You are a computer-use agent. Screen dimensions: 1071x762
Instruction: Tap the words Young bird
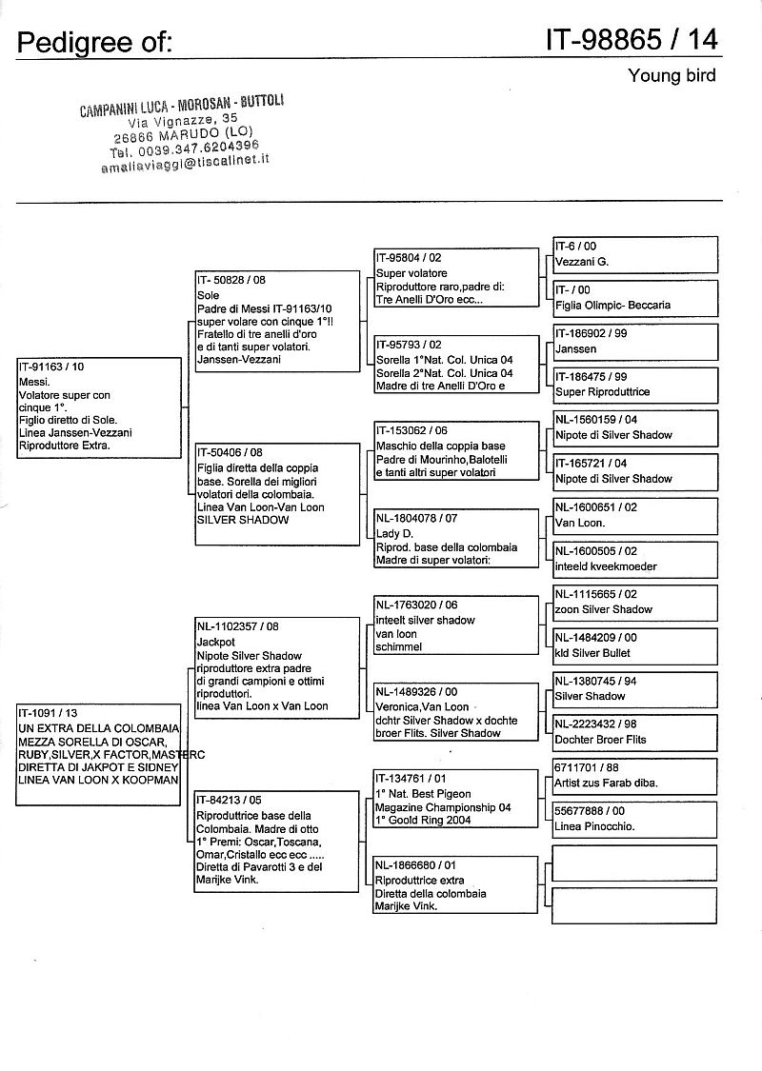(x=672, y=75)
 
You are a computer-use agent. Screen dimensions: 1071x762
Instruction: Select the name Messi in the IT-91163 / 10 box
(x=32, y=380)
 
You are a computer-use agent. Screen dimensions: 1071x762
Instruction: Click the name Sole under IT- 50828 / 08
(x=208, y=295)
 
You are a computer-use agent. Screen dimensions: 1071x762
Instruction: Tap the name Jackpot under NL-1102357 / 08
(x=215, y=642)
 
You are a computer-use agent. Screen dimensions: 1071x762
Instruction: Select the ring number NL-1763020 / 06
(x=416, y=605)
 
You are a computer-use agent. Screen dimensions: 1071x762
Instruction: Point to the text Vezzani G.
(x=581, y=261)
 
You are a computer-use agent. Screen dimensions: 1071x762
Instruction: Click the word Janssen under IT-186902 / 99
(x=575, y=348)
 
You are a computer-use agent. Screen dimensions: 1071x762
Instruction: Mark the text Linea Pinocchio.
(x=594, y=826)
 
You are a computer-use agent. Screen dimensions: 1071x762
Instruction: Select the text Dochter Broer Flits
(x=600, y=740)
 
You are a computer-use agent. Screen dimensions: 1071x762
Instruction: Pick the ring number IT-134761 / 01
(x=411, y=779)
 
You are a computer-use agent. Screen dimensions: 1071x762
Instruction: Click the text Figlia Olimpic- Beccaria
(x=612, y=305)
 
